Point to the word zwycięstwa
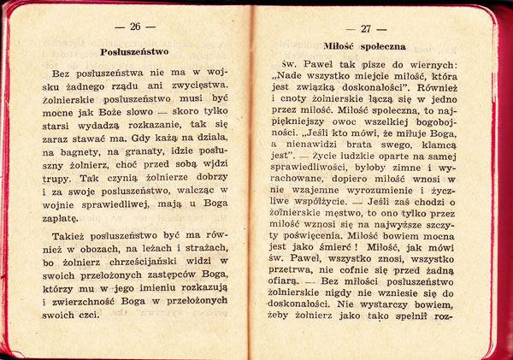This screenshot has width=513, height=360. click(198, 86)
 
